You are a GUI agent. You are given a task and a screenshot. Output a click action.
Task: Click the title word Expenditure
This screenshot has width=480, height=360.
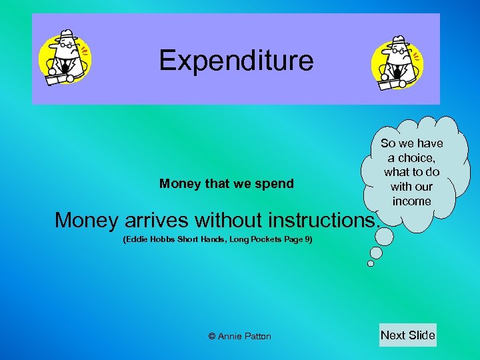236,61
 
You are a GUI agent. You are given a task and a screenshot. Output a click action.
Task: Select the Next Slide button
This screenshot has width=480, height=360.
407,335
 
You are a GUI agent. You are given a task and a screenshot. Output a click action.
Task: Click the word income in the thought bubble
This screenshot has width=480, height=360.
411,201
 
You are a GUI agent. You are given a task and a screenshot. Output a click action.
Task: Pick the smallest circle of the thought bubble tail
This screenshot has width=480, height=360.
371,263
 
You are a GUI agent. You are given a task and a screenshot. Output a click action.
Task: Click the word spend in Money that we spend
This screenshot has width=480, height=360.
276,184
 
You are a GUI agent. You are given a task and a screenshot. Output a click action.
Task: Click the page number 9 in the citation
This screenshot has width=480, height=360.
307,239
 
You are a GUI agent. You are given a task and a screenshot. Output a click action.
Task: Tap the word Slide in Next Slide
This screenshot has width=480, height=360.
421,335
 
